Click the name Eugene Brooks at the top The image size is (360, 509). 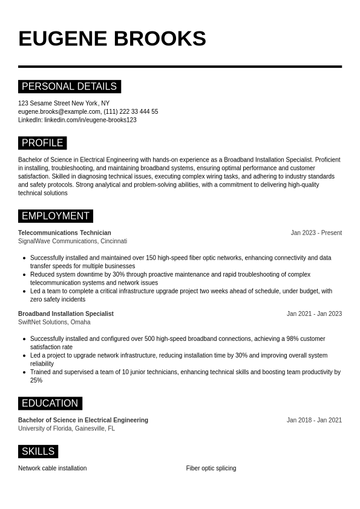(x=112, y=39)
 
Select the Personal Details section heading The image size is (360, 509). (x=69, y=87)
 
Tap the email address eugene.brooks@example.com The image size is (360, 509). (x=59, y=111)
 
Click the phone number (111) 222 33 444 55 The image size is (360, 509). (x=131, y=111)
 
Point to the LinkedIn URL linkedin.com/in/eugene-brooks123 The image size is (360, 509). (x=90, y=120)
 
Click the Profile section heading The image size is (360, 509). (x=42, y=143)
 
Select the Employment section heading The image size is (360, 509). (x=55, y=216)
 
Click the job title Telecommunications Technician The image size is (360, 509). (x=65, y=232)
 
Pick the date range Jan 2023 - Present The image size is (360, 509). (x=316, y=232)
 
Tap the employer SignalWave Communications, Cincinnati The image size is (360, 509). (x=73, y=241)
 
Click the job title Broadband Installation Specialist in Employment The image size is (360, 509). (x=66, y=314)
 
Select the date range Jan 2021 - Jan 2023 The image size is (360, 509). (x=314, y=314)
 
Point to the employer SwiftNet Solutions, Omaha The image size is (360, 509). (x=54, y=322)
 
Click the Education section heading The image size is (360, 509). (x=50, y=403)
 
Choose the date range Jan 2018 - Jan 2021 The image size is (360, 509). (x=314, y=420)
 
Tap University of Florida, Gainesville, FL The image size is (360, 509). (x=67, y=429)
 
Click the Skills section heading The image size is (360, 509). (x=38, y=452)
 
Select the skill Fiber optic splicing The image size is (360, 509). (x=211, y=468)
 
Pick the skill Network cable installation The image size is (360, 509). (x=53, y=468)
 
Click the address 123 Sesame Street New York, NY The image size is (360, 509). (x=64, y=103)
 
